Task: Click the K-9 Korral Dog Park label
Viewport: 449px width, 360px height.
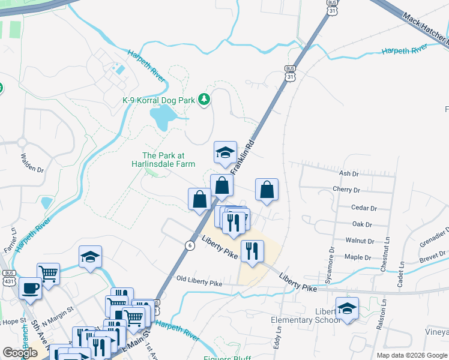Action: point(158,100)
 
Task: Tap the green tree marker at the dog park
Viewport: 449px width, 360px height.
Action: point(204,99)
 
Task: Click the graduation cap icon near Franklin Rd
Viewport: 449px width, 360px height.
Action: point(226,153)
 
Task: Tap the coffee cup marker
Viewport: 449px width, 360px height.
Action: point(30,289)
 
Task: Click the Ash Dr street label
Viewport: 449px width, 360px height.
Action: point(348,173)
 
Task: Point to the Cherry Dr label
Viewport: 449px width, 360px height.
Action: point(346,190)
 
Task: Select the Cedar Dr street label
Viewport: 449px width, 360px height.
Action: point(364,209)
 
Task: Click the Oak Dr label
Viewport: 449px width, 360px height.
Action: point(362,225)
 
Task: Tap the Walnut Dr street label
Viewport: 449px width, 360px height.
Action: point(360,240)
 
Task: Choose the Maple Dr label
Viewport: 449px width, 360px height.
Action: point(358,257)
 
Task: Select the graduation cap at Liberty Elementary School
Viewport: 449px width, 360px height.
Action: point(347,308)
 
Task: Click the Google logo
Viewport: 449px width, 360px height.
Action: point(20,353)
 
